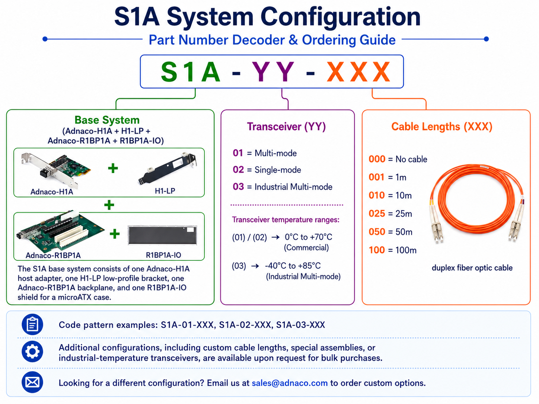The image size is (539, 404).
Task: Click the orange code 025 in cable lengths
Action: point(377,214)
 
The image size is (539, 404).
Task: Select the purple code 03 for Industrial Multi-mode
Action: point(238,187)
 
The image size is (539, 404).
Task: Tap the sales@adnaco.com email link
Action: point(290,383)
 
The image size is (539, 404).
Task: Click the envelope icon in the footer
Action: point(32,382)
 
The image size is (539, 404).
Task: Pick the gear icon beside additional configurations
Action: point(32,352)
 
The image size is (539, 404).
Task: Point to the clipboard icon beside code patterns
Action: point(32,324)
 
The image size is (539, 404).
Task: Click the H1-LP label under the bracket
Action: point(165,191)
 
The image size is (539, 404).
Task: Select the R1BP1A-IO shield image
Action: point(162,235)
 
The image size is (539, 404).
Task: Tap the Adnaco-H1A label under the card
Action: point(52,192)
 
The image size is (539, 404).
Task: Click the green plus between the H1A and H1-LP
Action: point(113,168)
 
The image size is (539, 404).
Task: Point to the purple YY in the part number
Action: point(273,71)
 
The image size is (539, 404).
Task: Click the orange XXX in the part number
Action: point(358,71)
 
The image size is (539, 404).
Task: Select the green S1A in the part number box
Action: point(190,71)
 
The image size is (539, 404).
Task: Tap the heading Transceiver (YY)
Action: point(286,126)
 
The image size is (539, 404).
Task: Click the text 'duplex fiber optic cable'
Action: point(472,268)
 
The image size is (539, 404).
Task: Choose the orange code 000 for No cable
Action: point(377,159)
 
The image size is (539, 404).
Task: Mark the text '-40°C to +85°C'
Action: point(293,266)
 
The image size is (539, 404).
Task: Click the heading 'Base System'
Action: point(107,120)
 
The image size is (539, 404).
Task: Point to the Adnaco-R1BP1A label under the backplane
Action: point(53,256)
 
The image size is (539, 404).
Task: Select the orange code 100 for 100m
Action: point(377,250)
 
